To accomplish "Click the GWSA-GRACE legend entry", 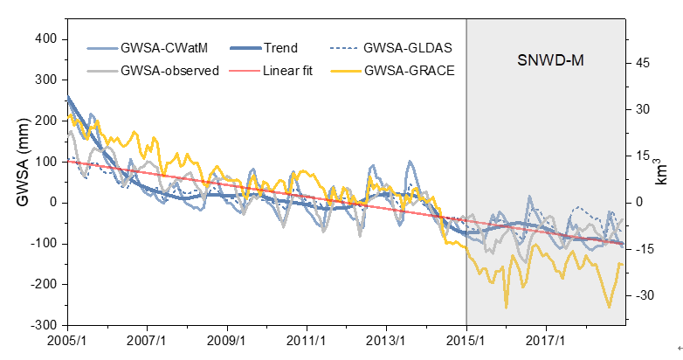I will (x=410, y=70).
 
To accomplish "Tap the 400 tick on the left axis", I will (x=45, y=39).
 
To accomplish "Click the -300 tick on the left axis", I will (x=43, y=325).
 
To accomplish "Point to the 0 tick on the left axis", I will (x=53, y=203).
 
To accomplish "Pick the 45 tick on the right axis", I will (x=645, y=63).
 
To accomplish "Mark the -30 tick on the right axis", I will (x=643, y=296).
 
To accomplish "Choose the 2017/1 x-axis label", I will (x=547, y=340).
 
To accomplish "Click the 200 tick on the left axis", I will (x=45, y=121).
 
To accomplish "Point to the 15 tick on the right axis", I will (x=645, y=156).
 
